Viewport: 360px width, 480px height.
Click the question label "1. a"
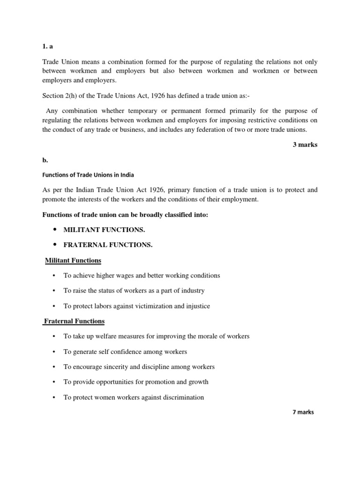coord(48,47)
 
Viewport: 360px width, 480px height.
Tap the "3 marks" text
coord(305,145)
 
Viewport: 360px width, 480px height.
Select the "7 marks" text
coord(303,412)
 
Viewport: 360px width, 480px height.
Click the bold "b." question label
coord(45,160)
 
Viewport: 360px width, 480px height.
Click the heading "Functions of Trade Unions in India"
coord(88,175)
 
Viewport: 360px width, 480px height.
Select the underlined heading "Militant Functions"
coord(73,260)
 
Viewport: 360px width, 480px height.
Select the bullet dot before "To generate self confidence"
coord(54,352)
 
